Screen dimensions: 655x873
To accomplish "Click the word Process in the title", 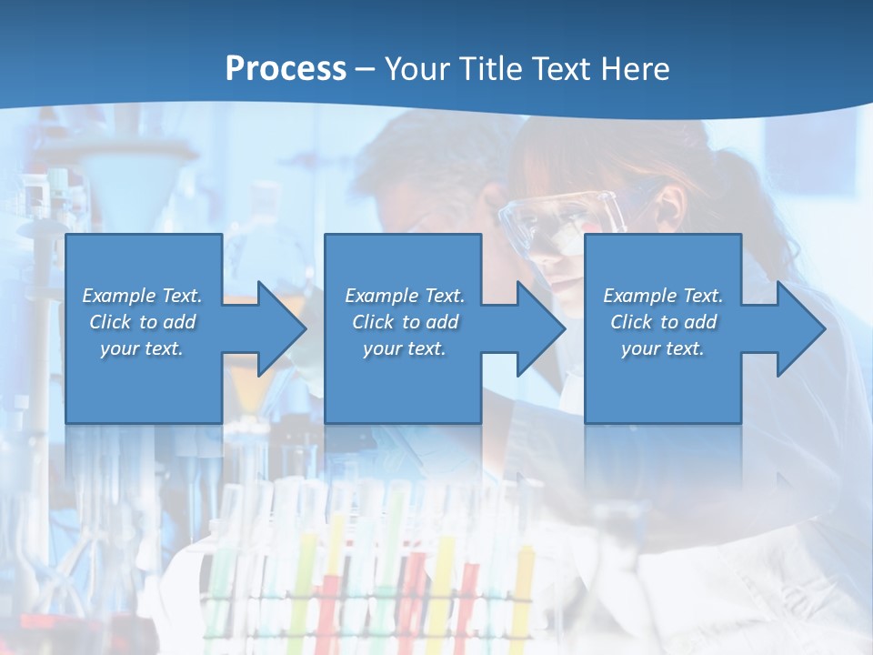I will tap(286, 69).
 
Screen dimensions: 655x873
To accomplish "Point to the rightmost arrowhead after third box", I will tap(797, 328).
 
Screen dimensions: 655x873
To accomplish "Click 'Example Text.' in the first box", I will tap(142, 296).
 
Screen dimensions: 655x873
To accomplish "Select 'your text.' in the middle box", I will tap(404, 348).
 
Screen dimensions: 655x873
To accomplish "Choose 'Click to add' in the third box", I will tap(663, 322).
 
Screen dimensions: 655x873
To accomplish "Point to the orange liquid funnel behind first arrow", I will tap(244, 382).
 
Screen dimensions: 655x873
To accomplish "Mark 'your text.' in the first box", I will tap(142, 348).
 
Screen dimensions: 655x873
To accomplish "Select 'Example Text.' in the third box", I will tap(663, 296).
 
